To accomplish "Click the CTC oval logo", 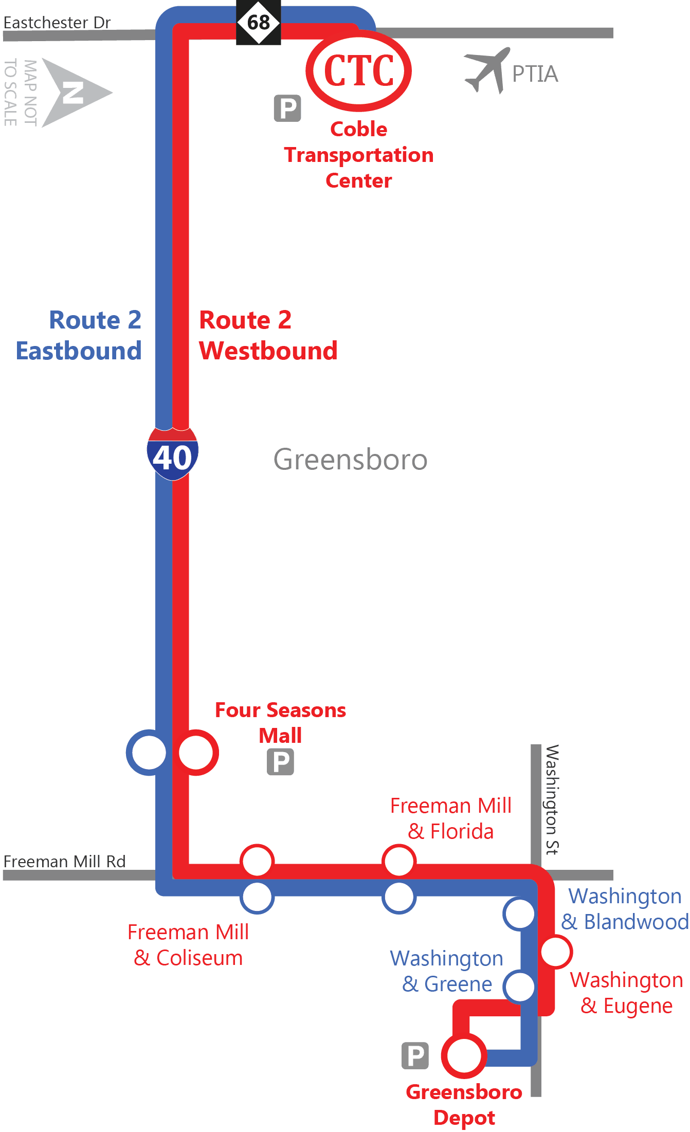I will point(359,70).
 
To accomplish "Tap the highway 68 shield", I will point(259,23).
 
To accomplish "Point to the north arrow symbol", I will point(75,93).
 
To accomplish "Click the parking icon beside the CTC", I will point(287,108).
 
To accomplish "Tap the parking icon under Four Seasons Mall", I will point(280,762).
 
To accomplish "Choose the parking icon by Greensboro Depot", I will point(415,1056).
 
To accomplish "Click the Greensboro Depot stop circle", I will point(464,1055).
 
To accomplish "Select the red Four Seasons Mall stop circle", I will point(196,753).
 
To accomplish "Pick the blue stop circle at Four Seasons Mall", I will point(149,753).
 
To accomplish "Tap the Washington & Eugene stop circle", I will point(556,952).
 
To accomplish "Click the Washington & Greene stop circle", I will point(520,987).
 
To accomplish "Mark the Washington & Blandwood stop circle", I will point(520,914).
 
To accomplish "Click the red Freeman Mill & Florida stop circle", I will point(399,861).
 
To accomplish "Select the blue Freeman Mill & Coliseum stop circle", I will point(257,898).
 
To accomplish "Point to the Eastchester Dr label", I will point(57,23).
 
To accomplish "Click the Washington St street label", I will point(552,799).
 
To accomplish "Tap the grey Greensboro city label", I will point(350,459).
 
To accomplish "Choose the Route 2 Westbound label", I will point(268,335).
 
